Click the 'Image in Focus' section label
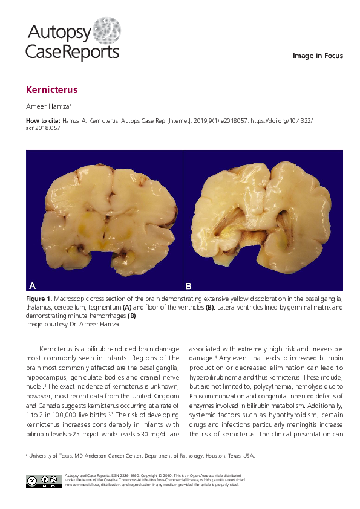(x=318, y=56)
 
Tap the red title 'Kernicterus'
(x=51, y=90)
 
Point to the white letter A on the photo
(x=33, y=285)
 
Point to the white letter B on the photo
(x=188, y=285)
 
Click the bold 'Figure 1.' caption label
(x=39, y=299)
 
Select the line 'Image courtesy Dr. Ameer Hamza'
(x=71, y=324)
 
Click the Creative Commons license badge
(x=44, y=481)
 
